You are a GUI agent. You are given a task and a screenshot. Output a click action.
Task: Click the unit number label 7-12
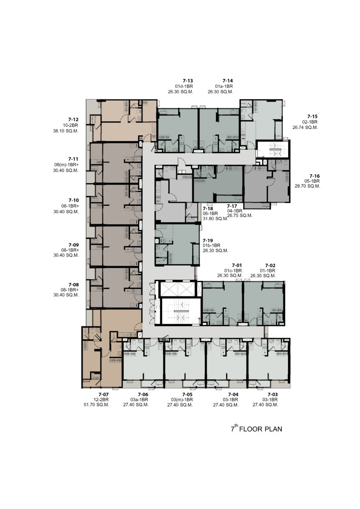[73, 120]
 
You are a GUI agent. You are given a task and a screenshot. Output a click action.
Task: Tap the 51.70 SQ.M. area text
[97, 405]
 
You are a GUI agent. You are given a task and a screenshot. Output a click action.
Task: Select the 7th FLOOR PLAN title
[257, 428]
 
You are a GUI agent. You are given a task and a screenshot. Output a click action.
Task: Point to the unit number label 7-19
[208, 241]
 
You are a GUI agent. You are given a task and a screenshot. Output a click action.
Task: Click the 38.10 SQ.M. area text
[66, 131]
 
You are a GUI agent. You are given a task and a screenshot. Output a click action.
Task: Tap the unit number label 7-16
[315, 176]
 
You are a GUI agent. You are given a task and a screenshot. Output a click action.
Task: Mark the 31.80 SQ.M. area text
[215, 218]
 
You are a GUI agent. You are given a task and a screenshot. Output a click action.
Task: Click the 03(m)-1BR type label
[182, 400]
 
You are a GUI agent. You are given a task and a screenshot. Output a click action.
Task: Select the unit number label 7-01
[237, 266]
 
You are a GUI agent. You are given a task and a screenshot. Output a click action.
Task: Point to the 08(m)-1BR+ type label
[66, 165]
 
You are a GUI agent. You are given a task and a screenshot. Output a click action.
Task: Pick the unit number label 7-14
[228, 81]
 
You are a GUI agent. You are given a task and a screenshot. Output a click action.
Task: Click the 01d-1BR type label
[184, 86]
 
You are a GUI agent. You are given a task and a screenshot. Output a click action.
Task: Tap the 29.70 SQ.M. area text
[307, 186]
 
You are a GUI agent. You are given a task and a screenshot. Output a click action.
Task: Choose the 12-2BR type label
[101, 400]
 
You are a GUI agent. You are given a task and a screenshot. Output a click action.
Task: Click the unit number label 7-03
[273, 394]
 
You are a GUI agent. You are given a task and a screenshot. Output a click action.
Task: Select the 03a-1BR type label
[139, 400]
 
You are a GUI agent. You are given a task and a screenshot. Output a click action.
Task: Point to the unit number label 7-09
[74, 245]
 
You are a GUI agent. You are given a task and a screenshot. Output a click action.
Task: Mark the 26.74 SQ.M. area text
[305, 128]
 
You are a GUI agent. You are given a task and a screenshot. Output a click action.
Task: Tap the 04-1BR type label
[234, 211]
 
